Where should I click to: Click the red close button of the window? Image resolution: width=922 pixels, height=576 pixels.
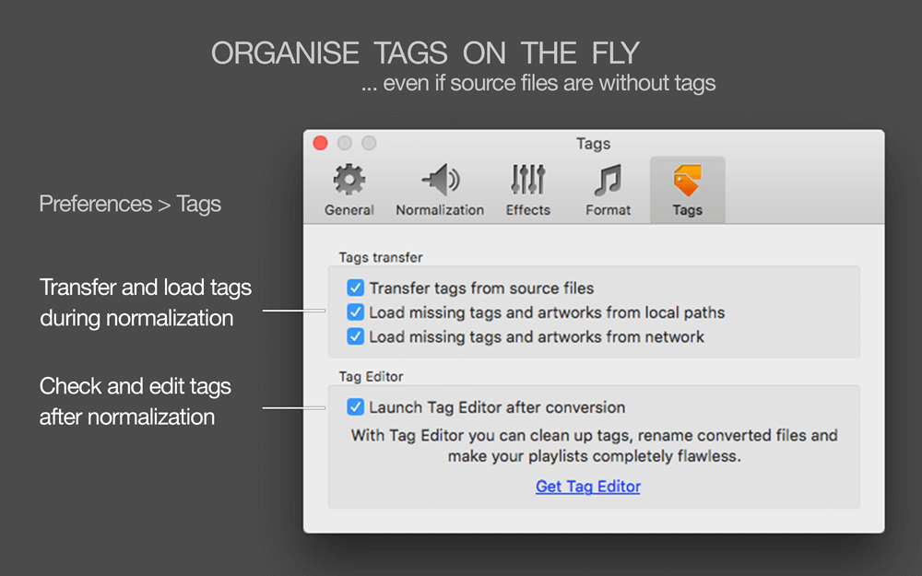coord(321,143)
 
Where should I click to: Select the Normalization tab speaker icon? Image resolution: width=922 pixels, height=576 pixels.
coord(441,180)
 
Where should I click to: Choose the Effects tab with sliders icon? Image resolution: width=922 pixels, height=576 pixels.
coord(528,180)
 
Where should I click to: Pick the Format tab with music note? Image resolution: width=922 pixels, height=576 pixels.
coord(608,180)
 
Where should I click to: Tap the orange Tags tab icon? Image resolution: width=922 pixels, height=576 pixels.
coord(688,180)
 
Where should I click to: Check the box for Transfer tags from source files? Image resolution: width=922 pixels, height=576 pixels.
coord(355,288)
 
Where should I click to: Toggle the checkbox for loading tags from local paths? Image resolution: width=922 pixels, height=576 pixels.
coord(355,312)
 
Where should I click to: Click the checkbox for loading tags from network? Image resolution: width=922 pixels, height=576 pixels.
coord(355,336)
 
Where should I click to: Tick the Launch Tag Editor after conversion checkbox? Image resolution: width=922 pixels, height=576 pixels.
coord(355,406)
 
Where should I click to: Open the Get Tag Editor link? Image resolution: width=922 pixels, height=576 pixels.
coord(588,487)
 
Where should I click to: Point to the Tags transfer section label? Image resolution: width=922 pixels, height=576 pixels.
coord(381,257)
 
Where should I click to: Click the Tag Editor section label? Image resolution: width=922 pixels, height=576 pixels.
coord(371,376)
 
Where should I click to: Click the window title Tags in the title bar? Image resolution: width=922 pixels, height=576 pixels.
coord(593,144)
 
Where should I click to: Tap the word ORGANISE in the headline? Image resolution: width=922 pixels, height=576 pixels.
coord(285,53)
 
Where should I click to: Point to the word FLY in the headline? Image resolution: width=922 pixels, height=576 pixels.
coord(616,53)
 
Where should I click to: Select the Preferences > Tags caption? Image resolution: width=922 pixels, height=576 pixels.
coord(130,204)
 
